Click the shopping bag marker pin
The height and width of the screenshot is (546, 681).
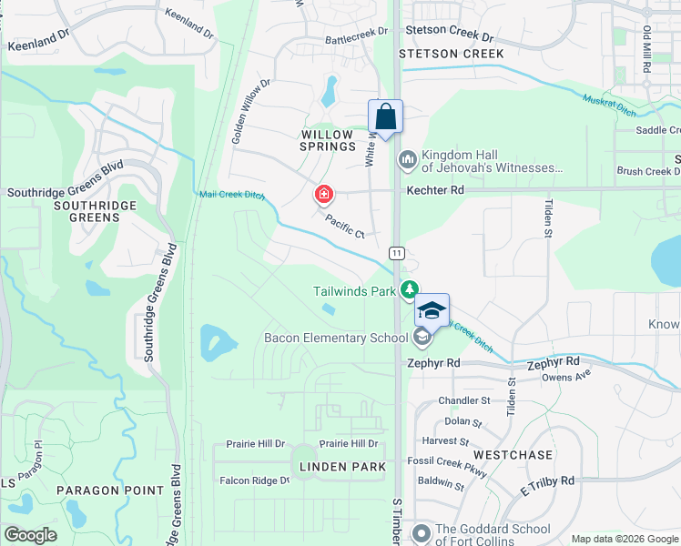tap(385, 117)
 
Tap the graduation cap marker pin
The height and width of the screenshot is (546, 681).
tap(432, 311)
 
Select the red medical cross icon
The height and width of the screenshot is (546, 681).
tap(322, 194)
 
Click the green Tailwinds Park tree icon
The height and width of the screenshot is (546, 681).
tap(411, 290)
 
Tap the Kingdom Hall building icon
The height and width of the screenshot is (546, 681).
tap(407, 161)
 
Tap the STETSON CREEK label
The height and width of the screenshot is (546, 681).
tap(452, 54)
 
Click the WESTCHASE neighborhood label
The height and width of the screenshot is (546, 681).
tap(513, 454)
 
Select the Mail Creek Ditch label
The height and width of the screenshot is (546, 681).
tap(231, 194)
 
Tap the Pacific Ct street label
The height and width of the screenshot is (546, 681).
tap(345, 227)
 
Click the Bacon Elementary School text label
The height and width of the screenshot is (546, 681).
tap(335, 339)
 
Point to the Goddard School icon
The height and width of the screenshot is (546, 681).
tap(421, 531)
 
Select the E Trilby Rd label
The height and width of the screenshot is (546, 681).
tap(547, 485)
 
